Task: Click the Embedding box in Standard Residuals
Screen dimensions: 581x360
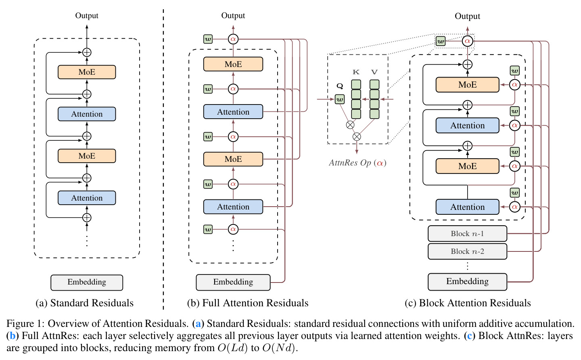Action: pos(87,283)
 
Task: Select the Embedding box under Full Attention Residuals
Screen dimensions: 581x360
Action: pos(233,282)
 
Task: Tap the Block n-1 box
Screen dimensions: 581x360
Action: pos(467,233)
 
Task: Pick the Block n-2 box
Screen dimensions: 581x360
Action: pos(467,251)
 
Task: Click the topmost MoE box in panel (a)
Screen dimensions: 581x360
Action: pos(87,72)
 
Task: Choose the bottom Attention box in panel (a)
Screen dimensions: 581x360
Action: pos(87,198)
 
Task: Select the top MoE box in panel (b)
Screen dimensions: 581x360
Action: pos(233,64)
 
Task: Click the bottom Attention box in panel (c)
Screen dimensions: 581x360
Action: pos(467,207)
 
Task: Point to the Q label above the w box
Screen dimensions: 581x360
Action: pos(340,86)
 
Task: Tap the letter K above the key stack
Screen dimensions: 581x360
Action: pos(356,72)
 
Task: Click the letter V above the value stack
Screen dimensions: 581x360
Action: pos(374,72)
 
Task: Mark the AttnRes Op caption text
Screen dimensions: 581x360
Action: pos(357,163)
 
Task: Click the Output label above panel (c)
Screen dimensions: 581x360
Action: pos(467,16)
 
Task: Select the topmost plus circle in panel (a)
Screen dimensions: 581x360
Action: pos(87,52)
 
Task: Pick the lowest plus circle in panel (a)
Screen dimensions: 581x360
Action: pos(87,218)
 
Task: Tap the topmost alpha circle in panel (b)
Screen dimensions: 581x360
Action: pos(233,39)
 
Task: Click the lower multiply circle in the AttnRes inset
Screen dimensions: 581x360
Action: pos(357,136)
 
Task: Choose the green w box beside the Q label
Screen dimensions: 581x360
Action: pos(340,99)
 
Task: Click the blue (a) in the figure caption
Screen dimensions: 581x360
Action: pos(198,323)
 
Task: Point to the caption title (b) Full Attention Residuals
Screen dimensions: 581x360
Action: pos(248,303)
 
